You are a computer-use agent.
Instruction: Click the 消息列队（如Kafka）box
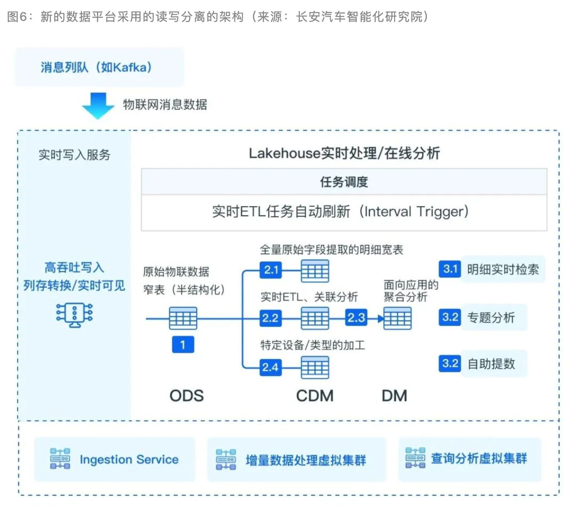pos(99,67)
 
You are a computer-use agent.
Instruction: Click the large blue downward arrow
pos(98,105)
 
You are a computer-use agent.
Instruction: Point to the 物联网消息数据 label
pos(165,104)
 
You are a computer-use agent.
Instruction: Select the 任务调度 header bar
pos(344,182)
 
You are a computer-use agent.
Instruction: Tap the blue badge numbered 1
pos(183,344)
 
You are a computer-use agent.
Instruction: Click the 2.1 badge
pos(271,270)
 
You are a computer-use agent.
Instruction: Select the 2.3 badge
pos(356,318)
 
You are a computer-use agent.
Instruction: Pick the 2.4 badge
pos(270,367)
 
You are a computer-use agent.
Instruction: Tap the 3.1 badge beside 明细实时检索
pos(450,269)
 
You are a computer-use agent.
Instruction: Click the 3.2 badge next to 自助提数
pos(450,364)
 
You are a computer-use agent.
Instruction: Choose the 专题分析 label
pos(491,317)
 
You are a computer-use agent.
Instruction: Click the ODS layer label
pos(187,396)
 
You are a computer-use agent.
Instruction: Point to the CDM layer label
pos(315,396)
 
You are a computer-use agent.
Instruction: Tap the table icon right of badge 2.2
pos(315,318)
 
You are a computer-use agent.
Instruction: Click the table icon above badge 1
pos(183,318)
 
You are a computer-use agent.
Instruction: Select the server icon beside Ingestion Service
pos(60,459)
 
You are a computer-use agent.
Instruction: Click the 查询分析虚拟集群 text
pos(479,459)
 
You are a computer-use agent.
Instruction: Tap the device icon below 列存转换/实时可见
pos(74,315)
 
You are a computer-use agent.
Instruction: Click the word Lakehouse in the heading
pos(284,153)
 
